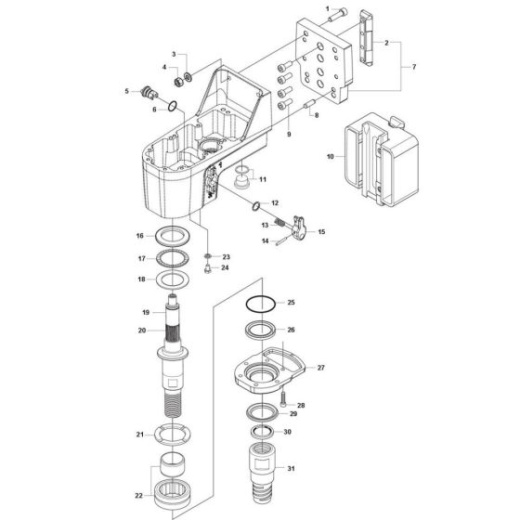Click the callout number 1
pyautogui.click(x=328, y=8)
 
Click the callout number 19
pyautogui.click(x=145, y=312)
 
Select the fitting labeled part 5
pyautogui.click(x=145, y=92)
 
